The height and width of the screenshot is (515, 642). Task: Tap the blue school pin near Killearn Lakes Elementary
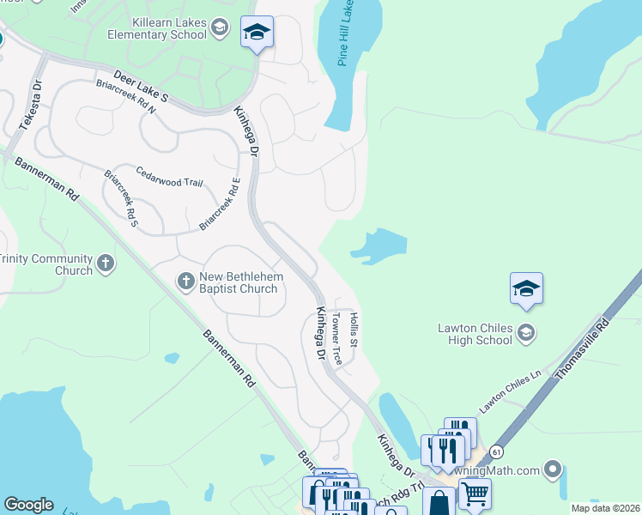(x=257, y=33)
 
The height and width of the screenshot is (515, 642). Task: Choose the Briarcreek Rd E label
(x=220, y=203)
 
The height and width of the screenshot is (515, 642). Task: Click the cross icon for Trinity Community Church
(x=106, y=264)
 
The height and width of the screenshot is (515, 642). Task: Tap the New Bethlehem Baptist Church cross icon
(x=185, y=280)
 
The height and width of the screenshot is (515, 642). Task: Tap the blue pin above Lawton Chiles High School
(x=526, y=289)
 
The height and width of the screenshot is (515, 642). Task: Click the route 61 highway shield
(x=496, y=451)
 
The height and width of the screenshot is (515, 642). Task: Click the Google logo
(x=28, y=505)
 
